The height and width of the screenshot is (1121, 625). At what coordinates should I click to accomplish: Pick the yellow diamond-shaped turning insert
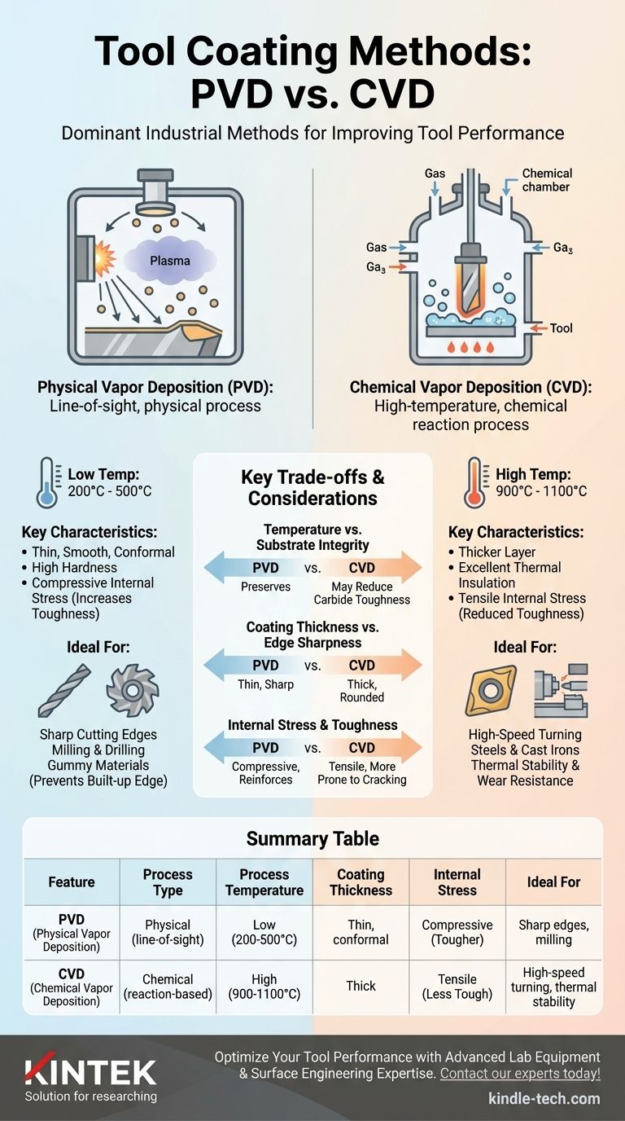491,690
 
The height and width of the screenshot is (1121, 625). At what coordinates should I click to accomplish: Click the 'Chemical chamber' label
547,180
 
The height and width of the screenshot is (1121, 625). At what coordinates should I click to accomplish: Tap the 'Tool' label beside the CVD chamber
561,328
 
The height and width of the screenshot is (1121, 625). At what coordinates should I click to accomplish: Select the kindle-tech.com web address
544,1098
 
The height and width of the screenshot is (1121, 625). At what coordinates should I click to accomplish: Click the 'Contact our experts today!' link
520,1074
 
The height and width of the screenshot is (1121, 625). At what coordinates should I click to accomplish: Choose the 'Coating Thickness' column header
361,881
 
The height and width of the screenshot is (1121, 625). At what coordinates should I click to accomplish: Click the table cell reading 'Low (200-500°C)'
264,932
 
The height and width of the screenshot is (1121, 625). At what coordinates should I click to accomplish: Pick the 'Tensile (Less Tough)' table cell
457,986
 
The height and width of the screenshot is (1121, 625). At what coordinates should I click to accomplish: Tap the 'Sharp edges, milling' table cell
553,932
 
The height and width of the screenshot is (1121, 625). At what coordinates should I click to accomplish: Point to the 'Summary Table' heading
312,838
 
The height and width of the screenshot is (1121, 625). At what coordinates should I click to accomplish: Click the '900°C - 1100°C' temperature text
541,491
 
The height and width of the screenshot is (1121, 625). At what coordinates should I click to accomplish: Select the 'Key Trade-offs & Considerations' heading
312,487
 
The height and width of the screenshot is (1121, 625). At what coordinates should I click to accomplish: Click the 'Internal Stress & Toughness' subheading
312,725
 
